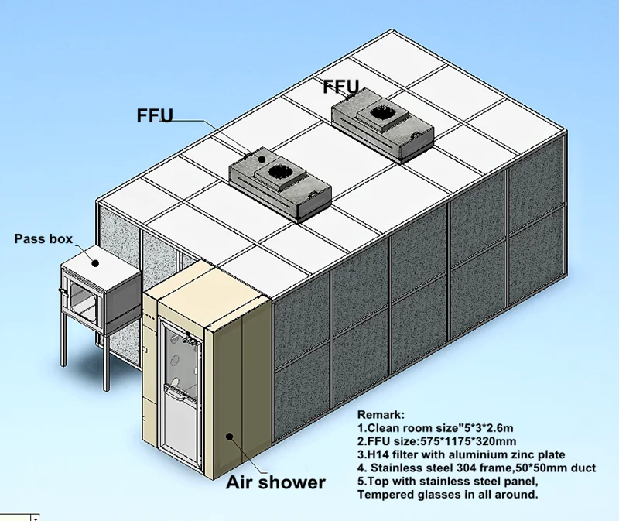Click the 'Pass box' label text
43,239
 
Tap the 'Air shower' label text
275,483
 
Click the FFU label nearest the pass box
154,117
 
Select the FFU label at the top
341,87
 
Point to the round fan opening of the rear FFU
378,112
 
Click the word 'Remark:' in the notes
380,415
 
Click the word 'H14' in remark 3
378,454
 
